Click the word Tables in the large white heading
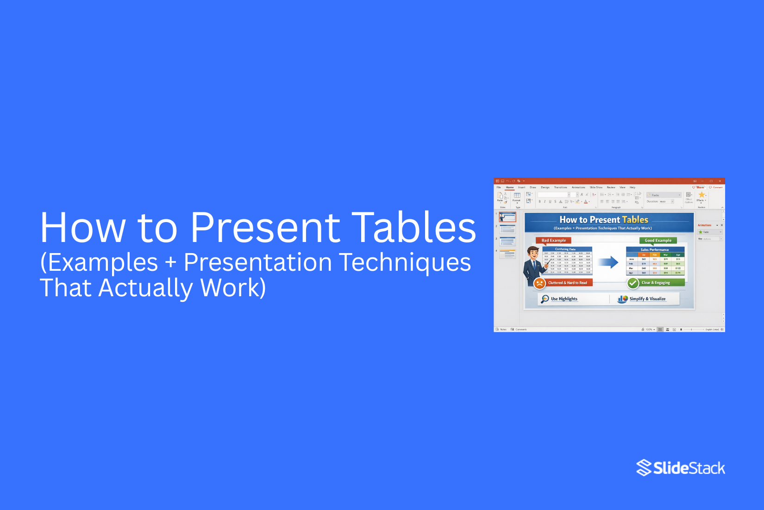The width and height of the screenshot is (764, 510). [x=413, y=227]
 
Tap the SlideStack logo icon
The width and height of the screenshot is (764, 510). [x=644, y=468]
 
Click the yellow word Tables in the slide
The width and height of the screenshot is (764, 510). [x=635, y=220]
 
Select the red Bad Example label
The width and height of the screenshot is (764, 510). [x=553, y=240]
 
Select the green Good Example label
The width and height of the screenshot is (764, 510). [x=658, y=240]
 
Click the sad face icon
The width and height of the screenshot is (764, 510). [x=539, y=283]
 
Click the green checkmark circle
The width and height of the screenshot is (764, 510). [x=633, y=283]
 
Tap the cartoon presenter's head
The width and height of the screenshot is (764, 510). [x=533, y=253]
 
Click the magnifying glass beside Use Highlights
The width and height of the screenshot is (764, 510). [x=545, y=299]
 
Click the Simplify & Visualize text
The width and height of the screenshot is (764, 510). [x=647, y=299]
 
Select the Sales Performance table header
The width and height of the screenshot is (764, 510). [x=654, y=249]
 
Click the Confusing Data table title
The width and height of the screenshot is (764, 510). [x=565, y=249]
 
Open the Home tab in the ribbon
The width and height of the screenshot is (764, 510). [x=510, y=187]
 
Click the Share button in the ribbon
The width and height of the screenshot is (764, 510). [x=699, y=187]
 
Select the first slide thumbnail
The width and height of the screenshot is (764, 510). [x=507, y=217]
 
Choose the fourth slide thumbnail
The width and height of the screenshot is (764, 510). [x=507, y=254]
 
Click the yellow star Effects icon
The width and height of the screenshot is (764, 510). [x=701, y=195]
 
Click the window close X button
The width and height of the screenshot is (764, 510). [x=720, y=181]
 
